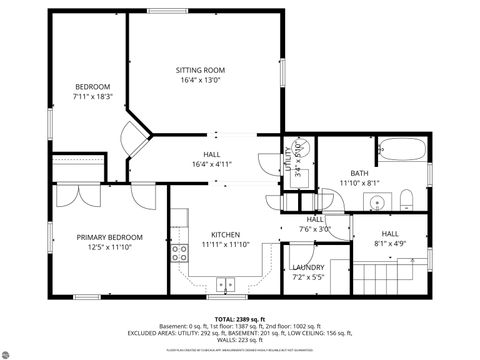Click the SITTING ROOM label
coord(199,70)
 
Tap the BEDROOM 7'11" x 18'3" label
coord(93,87)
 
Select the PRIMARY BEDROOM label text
coord(110,237)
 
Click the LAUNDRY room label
coord(307,267)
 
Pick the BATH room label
coord(358,173)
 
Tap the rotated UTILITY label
coord(289,160)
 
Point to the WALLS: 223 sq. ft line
coord(240,340)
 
